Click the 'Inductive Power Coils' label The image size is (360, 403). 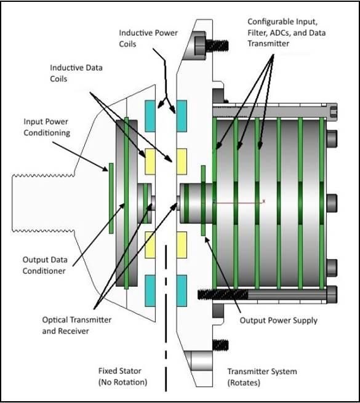tap(148, 38)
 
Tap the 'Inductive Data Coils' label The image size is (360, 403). tap(76, 73)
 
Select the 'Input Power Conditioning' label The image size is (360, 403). tap(47, 127)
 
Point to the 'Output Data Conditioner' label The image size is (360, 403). tap(45, 265)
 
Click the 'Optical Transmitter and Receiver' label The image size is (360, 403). tap(77, 325)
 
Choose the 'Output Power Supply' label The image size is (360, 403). tap(279, 321)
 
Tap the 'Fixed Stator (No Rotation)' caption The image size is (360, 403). tap(122, 377)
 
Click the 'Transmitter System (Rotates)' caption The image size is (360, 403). tap(262, 377)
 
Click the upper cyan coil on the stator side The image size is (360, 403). tap(150, 116)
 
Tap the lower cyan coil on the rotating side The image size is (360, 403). tap(182, 290)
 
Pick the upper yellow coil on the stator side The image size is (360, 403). tap(150, 162)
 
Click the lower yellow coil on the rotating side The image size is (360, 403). tap(182, 245)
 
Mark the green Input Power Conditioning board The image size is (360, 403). tap(111, 198)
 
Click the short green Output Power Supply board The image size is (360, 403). tap(203, 201)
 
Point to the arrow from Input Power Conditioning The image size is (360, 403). tap(80, 156)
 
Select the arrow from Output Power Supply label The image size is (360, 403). tap(223, 275)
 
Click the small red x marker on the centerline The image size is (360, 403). tap(263, 202)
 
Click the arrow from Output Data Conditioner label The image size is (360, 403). tap(98, 234)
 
